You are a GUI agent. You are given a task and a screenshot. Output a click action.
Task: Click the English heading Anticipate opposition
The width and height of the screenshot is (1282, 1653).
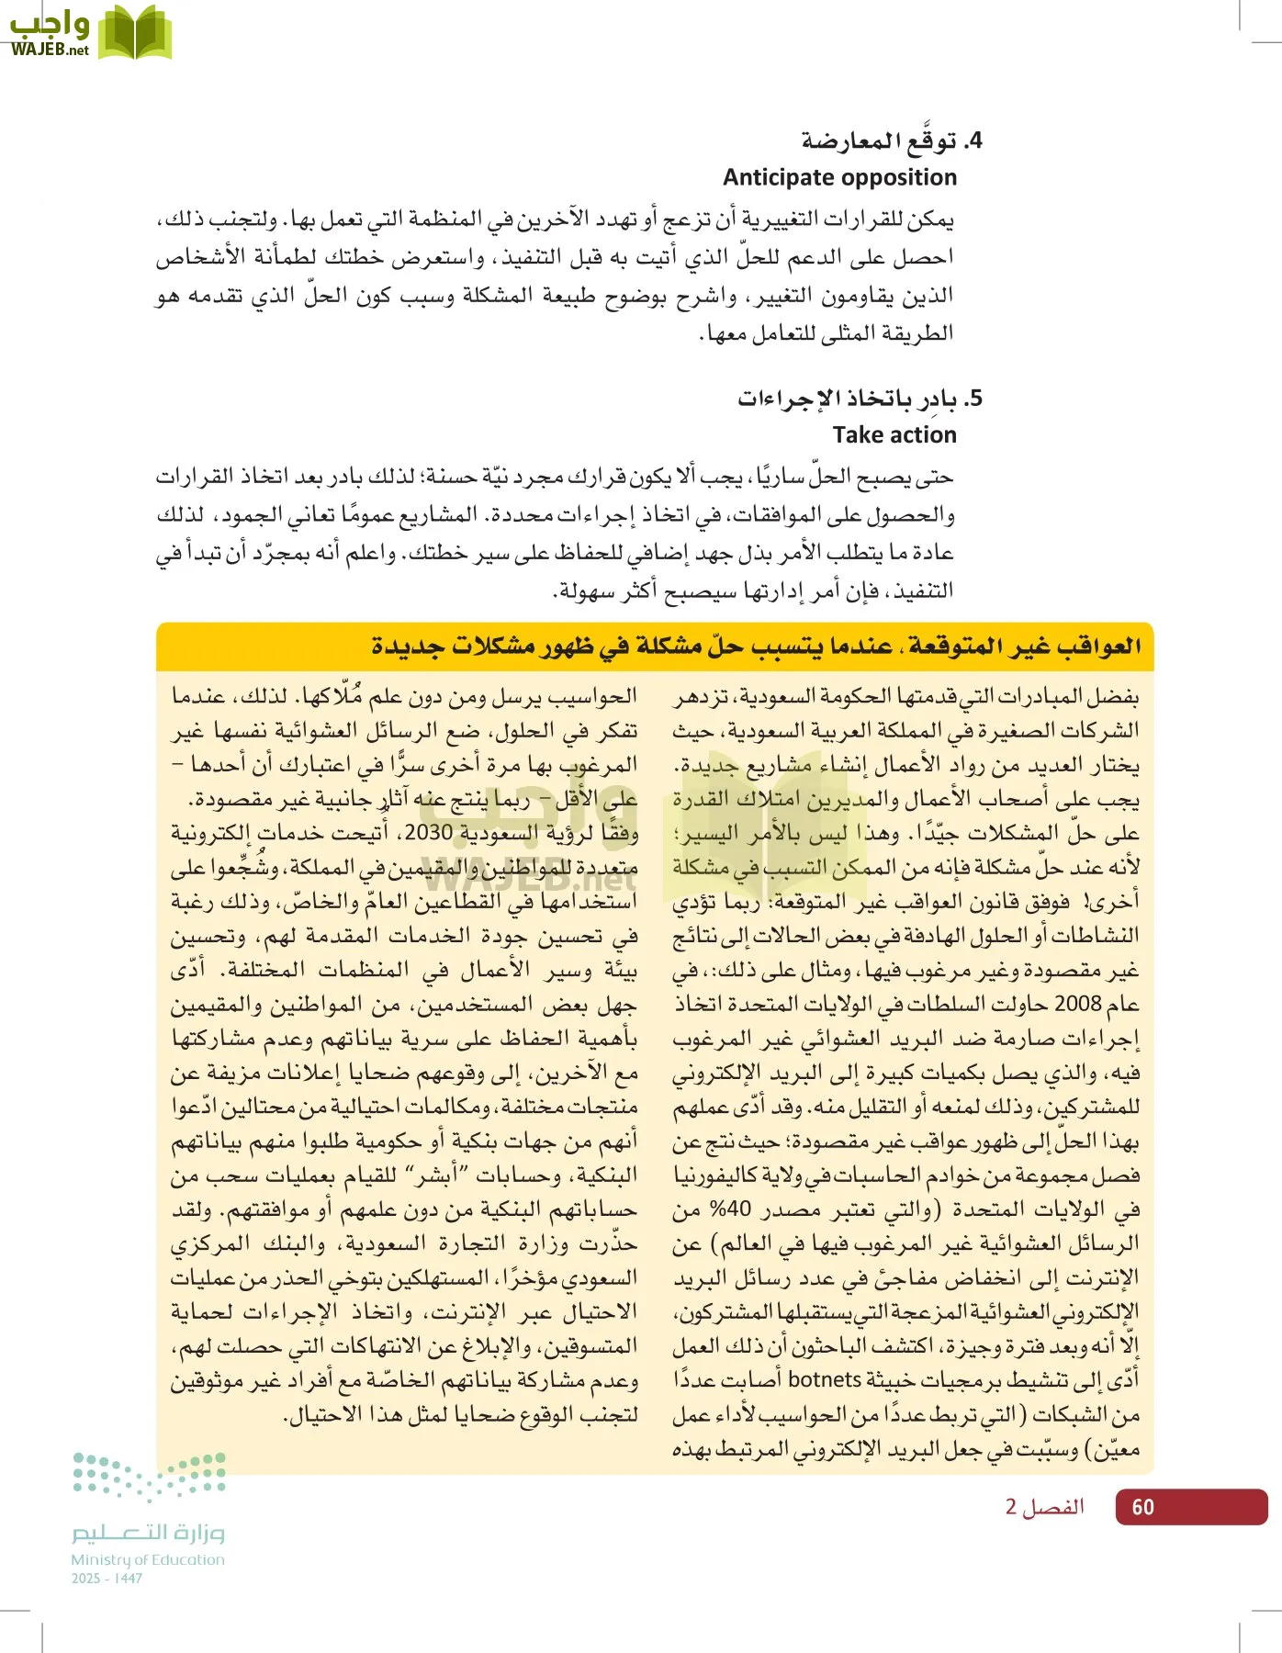pos(839,177)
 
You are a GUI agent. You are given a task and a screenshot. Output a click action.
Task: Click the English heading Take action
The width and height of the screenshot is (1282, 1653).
pos(894,434)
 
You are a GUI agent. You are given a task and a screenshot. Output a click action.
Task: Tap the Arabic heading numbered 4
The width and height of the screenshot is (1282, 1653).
pos(892,141)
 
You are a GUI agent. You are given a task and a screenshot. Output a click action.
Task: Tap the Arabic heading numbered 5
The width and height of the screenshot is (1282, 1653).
pos(860,399)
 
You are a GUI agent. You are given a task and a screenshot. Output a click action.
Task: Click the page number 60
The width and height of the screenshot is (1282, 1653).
pos(1142,1507)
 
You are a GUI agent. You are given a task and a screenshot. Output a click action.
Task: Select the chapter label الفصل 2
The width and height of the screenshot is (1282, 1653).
pos(1044,1507)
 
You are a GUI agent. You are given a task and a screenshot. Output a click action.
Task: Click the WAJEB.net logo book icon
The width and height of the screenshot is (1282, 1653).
pos(135,32)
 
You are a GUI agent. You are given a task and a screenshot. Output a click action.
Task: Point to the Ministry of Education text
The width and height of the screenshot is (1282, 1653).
pos(148,1559)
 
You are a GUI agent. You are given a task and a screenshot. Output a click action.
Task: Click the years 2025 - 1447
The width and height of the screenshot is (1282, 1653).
pos(107,1579)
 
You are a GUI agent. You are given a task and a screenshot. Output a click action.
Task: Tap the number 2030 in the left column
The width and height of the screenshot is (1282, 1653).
pos(429,833)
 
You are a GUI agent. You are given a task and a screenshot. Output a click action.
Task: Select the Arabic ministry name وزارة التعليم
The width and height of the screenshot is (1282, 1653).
pos(148,1533)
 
